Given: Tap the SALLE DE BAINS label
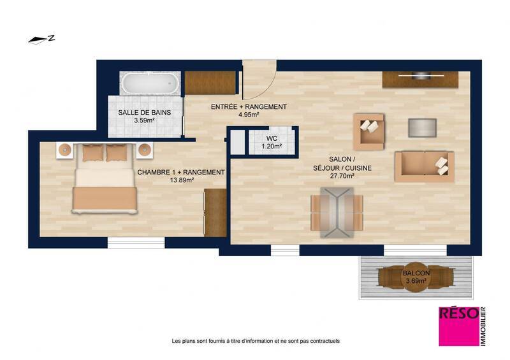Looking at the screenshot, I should (x=143, y=113).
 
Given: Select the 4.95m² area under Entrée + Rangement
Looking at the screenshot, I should (x=248, y=115).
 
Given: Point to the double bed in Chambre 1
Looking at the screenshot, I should (x=105, y=180).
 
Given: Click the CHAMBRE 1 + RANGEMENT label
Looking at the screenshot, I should (x=181, y=172).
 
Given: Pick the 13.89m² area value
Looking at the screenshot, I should (x=181, y=181).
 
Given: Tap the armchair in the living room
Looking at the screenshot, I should (x=370, y=131).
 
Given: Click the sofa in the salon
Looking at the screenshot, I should (x=424, y=166).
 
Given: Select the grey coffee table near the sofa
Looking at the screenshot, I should (x=422, y=127).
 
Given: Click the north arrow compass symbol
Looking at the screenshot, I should (x=41, y=39).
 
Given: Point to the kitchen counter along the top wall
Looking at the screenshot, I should (x=420, y=80).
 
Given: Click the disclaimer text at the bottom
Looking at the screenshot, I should (x=256, y=341).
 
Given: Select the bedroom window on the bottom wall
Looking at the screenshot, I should (x=136, y=242).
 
